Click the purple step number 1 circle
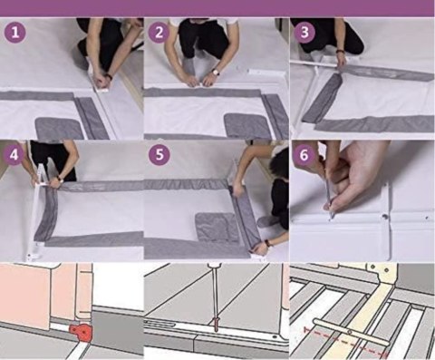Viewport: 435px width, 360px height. click(x=14, y=32)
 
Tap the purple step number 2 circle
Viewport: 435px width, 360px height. click(x=159, y=32)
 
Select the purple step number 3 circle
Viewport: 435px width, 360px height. click(x=304, y=32)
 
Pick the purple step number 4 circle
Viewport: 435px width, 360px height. click(x=14, y=155)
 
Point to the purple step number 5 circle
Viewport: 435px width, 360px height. click(x=159, y=155)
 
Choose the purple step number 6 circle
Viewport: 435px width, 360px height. click(x=304, y=155)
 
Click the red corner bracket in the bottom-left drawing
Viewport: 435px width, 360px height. click(x=81, y=333)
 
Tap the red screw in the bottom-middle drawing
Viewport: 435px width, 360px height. click(x=217, y=324)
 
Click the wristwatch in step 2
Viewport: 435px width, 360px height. click(x=215, y=72)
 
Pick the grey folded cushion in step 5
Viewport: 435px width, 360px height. click(x=217, y=226)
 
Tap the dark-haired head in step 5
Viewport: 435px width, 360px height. click(x=279, y=164)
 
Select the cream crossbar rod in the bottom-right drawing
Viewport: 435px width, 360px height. click(x=351, y=332)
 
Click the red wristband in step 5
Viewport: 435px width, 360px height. click(x=267, y=242)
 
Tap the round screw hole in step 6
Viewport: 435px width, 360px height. click(x=385, y=217)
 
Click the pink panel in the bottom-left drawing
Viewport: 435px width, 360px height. click(x=24, y=296)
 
